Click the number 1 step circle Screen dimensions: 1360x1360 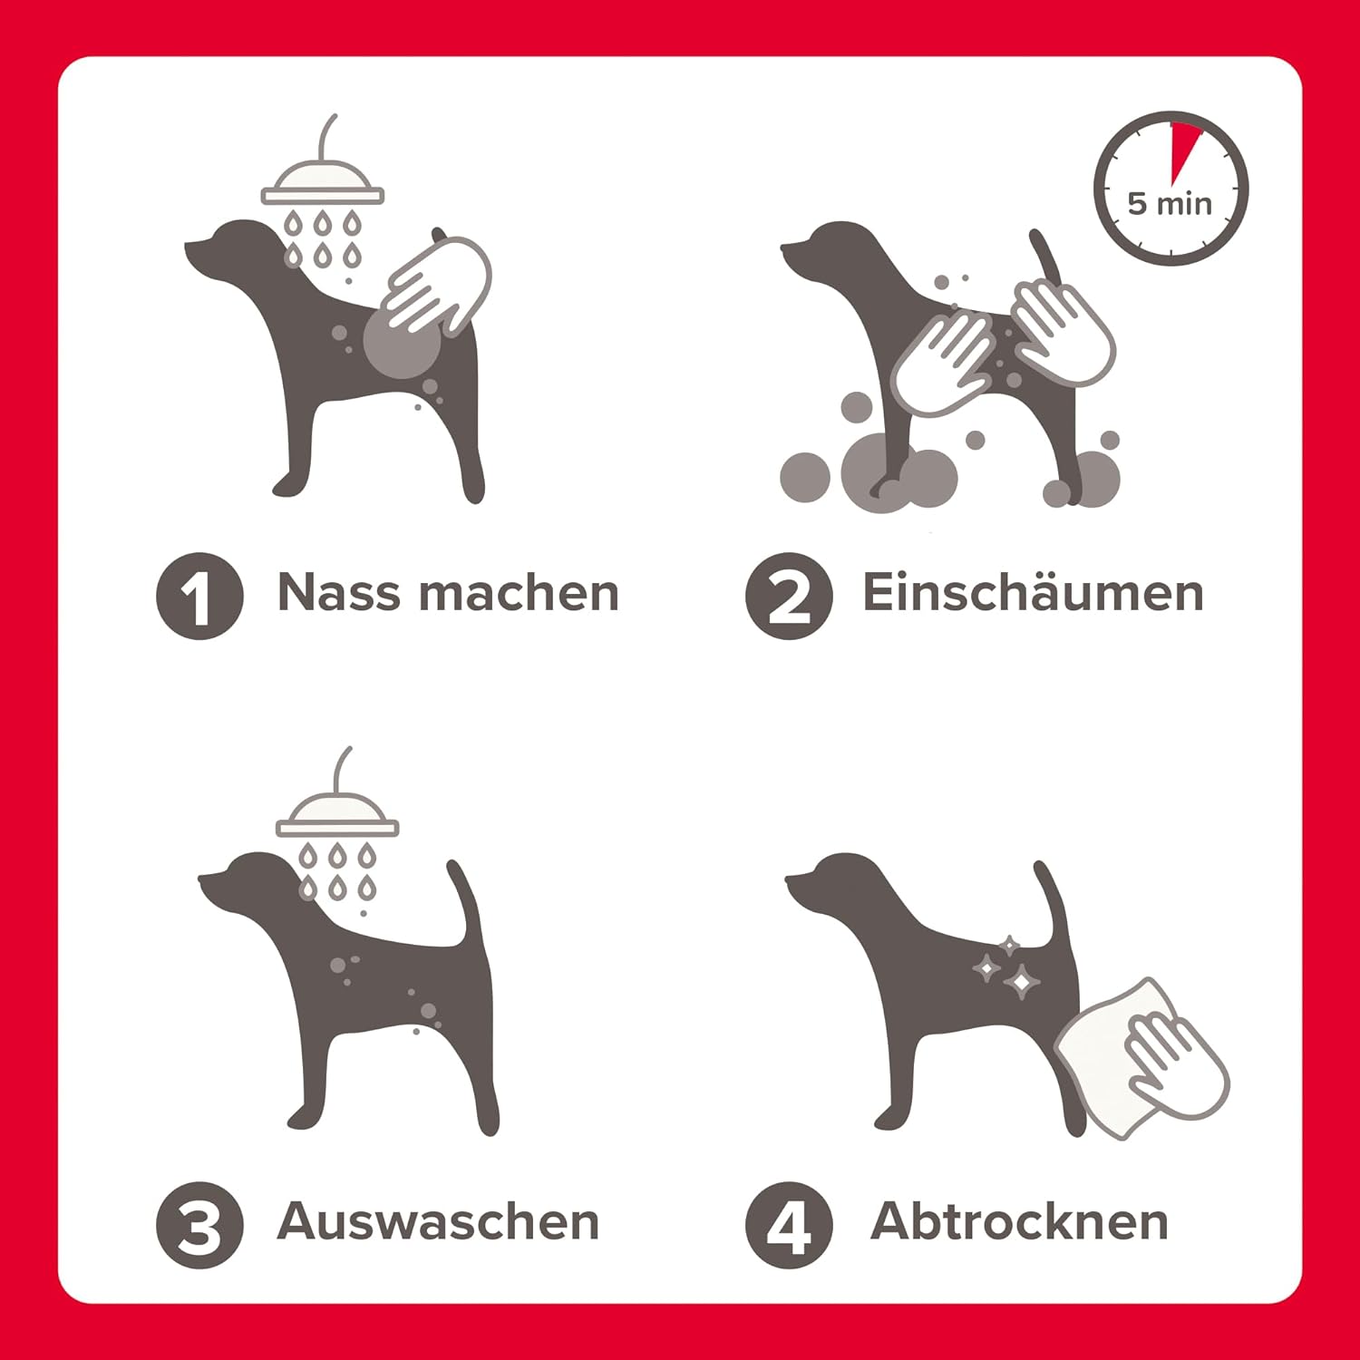click(199, 596)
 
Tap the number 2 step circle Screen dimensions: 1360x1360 click(789, 596)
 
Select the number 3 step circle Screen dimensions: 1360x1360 click(199, 1225)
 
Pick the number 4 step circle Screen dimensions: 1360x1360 click(789, 1225)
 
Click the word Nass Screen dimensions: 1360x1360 click(337, 593)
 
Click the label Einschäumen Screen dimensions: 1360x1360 click(1033, 593)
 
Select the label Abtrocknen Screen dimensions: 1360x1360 click(1019, 1221)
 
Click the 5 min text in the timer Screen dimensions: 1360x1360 click(1170, 203)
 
